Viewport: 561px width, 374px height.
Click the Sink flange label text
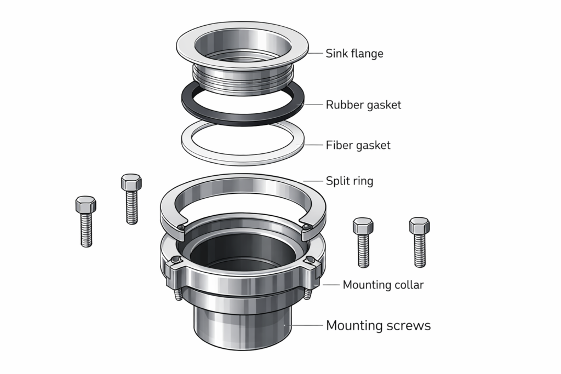(x=354, y=54)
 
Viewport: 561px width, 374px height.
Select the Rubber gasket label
(x=363, y=105)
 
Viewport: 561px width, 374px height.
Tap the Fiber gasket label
(x=358, y=145)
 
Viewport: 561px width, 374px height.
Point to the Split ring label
(x=350, y=181)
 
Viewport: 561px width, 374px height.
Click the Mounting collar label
(x=383, y=285)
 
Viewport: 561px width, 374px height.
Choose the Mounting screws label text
(x=378, y=325)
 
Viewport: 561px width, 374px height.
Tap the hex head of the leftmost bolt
(x=85, y=205)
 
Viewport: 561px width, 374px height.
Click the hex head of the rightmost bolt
(x=419, y=225)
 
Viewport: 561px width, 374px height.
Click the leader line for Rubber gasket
(x=311, y=104)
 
